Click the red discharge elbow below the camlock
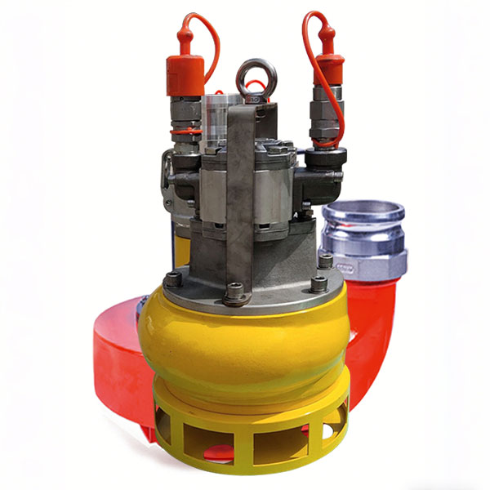pos(372,327)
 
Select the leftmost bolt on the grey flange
pos(172,279)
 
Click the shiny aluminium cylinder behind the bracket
pos(214,114)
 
